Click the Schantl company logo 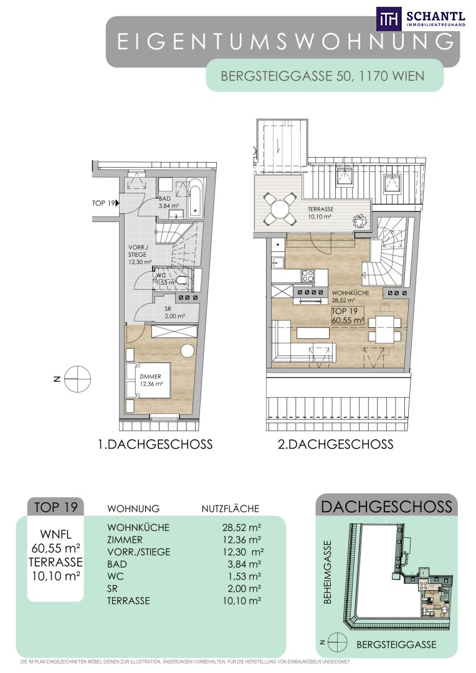click(421, 19)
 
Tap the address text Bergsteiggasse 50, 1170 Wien click(322, 77)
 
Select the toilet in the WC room click(183, 280)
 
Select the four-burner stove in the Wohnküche click(307, 275)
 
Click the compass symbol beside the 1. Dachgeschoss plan click(77, 379)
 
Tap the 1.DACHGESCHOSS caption click(155, 444)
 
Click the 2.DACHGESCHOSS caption click(335, 444)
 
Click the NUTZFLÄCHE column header click(231, 508)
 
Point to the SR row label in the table click(112, 588)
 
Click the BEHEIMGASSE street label click(328, 571)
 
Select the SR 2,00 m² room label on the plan click(174, 312)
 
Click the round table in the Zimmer click(188, 350)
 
